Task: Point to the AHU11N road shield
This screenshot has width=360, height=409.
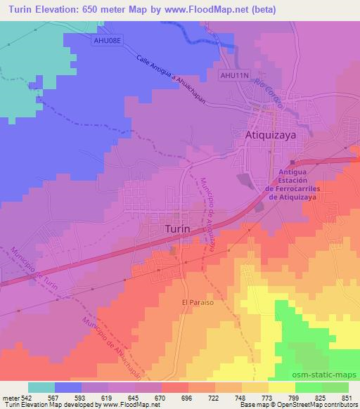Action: pyautogui.click(x=233, y=74)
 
